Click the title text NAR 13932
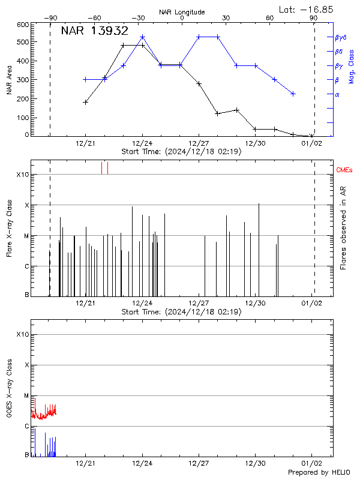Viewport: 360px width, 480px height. click(94, 31)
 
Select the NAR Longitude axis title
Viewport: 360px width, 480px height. click(182, 12)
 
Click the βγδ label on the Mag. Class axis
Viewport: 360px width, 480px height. click(341, 37)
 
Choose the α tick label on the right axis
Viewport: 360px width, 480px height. click(337, 94)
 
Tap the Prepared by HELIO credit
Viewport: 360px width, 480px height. click(319, 473)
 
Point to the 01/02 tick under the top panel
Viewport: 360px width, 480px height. click(311, 143)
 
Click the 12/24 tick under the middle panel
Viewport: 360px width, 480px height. click(142, 303)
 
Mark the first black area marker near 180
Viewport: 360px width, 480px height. click(86, 102)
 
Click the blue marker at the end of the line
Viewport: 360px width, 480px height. click(293, 94)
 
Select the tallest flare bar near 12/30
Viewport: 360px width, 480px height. click(259, 204)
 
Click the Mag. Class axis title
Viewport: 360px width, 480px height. click(351, 66)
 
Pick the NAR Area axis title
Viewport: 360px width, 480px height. click(9, 80)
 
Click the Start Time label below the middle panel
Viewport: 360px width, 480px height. click(181, 312)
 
